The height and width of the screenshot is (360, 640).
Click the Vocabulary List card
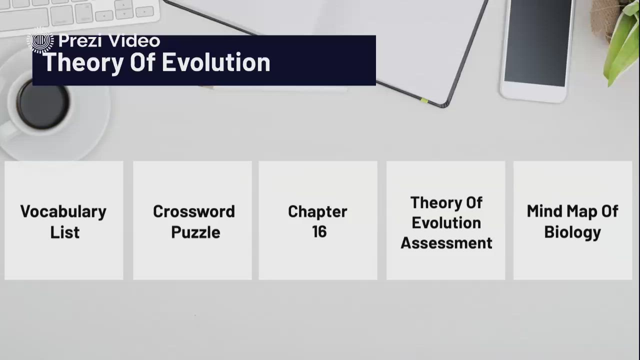(64, 220)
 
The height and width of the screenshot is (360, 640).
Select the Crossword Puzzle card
(192, 220)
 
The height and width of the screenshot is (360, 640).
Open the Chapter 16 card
(318, 220)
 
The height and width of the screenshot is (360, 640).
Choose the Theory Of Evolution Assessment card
(446, 220)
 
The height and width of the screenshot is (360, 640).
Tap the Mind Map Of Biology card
(572, 220)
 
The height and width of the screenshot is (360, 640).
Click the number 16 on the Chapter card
(319, 232)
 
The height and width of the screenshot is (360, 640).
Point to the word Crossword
(194, 211)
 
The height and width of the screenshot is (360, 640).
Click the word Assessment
(446, 243)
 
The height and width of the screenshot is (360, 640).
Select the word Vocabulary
(63, 211)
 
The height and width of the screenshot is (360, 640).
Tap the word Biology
(572, 232)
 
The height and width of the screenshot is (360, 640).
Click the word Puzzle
(195, 232)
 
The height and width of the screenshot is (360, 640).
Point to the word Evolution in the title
(215, 63)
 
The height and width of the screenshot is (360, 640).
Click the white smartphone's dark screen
(537, 42)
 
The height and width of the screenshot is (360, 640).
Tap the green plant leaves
(622, 45)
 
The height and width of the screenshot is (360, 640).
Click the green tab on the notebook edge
(424, 100)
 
